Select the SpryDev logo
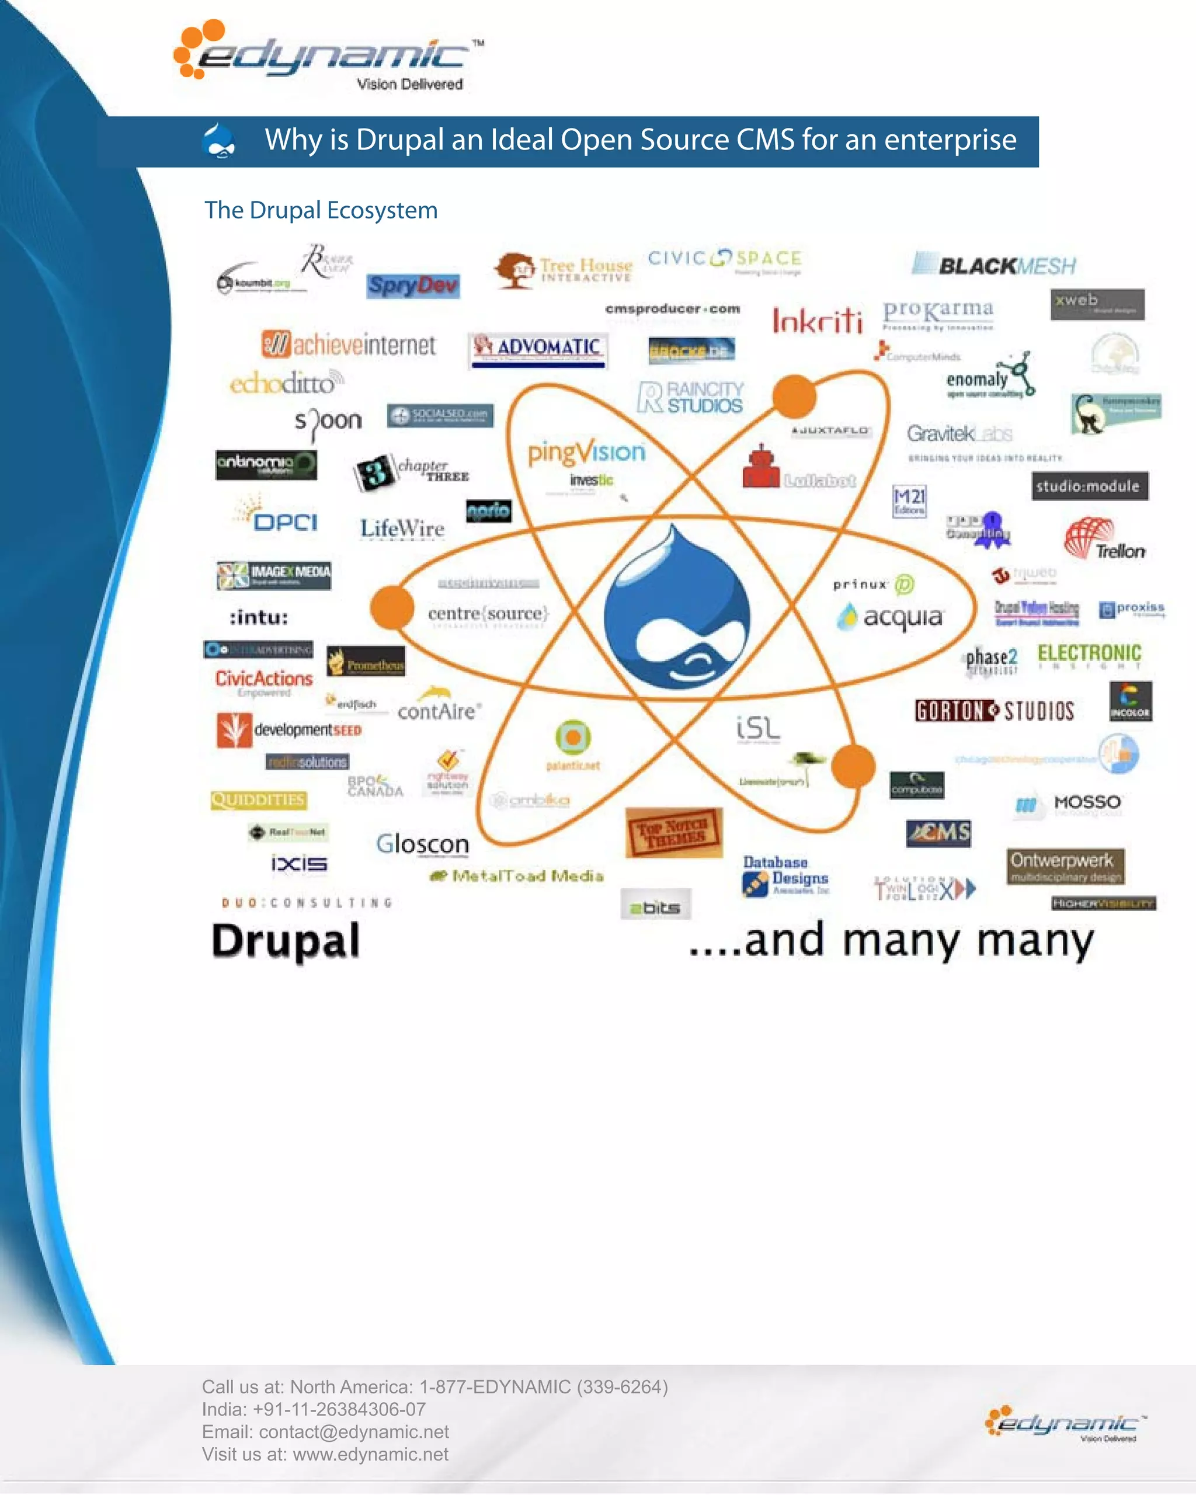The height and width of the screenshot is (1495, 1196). pos(413,285)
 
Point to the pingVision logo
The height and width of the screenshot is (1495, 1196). pos(586,452)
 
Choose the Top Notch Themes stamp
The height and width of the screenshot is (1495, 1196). pos(673,832)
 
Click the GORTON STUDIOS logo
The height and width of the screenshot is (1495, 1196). pos(995,711)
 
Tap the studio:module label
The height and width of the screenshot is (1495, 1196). pos(1089,486)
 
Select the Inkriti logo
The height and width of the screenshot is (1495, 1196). pos(818,321)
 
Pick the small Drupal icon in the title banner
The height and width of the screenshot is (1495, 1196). pos(219,141)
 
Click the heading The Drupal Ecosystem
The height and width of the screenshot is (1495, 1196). pos(321,210)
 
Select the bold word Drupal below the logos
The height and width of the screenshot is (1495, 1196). pos(286,941)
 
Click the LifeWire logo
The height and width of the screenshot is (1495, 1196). pos(402,529)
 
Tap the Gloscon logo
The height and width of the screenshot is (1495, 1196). pos(422,844)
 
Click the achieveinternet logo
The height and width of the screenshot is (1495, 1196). pos(349,345)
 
